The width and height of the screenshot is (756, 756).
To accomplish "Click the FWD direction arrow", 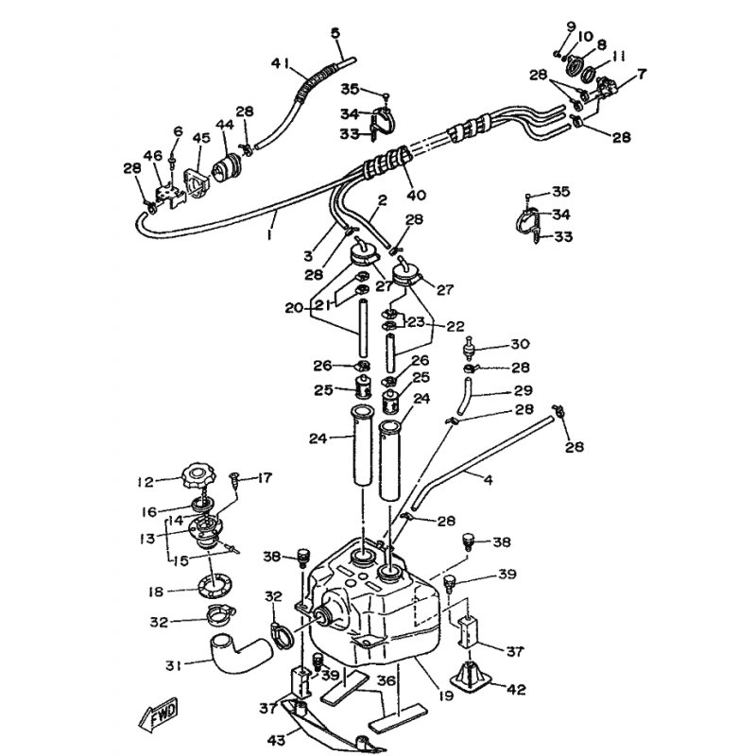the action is [x=158, y=713].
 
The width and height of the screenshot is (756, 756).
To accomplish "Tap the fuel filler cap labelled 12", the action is [x=198, y=476].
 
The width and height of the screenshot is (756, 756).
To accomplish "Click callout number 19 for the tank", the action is [x=446, y=696].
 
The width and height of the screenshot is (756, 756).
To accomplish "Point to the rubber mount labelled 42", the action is [x=470, y=678].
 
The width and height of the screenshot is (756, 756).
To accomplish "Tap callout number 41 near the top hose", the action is [x=281, y=63].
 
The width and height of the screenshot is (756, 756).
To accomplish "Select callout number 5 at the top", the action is [x=335, y=33].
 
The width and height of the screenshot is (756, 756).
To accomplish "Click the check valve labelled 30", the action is [x=468, y=348].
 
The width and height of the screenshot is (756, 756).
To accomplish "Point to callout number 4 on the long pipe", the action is [x=488, y=480].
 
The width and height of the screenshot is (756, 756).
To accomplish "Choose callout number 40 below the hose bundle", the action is [x=417, y=196].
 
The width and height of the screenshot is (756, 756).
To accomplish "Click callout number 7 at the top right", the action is [x=642, y=75].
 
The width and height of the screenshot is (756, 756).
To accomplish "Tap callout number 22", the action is [x=455, y=326].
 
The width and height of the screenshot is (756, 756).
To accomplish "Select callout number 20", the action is [x=294, y=308].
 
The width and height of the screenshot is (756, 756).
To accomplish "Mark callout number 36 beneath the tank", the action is [x=386, y=680].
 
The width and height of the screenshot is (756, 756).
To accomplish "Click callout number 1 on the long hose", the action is [x=269, y=234].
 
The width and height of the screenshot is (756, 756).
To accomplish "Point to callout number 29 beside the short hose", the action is [x=524, y=390].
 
